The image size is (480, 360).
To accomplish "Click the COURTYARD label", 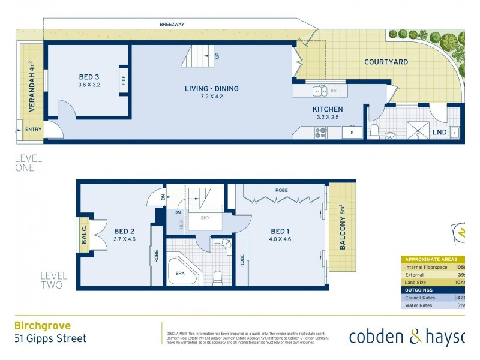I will pos(386,62).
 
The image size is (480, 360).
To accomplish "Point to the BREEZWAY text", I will pos(172,25).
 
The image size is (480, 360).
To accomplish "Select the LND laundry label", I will pos(439,132).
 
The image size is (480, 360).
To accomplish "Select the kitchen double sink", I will pos(320,91).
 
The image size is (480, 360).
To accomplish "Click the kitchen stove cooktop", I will pos(320,134).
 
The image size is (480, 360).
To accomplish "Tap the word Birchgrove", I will pos(42,326).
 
